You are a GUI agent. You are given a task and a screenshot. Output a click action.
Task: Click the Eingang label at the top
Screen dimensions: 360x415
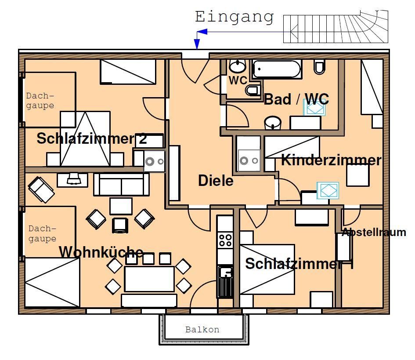(x=235, y=17)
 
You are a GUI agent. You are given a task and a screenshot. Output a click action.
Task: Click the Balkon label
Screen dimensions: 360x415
(x=202, y=329)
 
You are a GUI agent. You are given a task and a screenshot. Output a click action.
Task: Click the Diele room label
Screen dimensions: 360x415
(x=216, y=180)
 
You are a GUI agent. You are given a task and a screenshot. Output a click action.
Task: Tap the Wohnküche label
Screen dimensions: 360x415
(x=101, y=252)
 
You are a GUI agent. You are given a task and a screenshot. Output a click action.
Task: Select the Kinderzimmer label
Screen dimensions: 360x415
(x=331, y=160)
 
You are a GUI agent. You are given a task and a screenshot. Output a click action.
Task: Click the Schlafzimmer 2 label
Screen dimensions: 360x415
(x=91, y=138)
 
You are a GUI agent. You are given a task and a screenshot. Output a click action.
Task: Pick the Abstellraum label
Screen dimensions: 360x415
(x=374, y=232)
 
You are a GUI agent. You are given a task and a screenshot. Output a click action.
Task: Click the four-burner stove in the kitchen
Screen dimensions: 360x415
(x=225, y=240)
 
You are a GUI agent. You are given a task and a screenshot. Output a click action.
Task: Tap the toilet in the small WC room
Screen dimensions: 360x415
(x=252, y=91)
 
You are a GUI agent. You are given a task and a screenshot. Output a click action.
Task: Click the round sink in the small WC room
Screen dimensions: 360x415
(x=238, y=67)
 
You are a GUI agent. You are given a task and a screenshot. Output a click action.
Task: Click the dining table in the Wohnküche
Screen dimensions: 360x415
(x=149, y=279)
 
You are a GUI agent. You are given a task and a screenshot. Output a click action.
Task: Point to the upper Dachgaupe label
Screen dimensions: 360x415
(x=40, y=101)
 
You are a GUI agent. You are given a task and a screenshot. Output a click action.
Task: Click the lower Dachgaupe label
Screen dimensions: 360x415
(x=42, y=233)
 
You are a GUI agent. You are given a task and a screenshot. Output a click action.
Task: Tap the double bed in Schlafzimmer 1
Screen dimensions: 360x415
(x=267, y=269)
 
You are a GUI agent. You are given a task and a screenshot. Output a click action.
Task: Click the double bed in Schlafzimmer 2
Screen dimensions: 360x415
(x=85, y=139)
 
